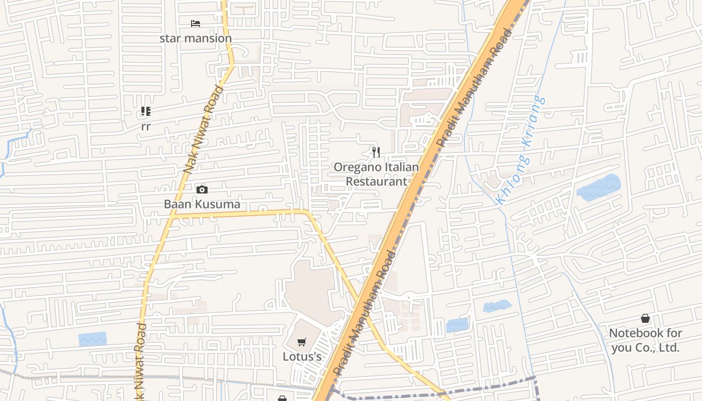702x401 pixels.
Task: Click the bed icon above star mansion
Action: [x=196, y=24]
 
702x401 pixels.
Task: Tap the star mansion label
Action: [x=196, y=38]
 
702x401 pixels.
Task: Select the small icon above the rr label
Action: [x=145, y=111]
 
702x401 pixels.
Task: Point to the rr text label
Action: [x=145, y=127]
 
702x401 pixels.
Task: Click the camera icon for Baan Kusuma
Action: [x=202, y=189]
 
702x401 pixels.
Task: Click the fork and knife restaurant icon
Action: [x=376, y=152]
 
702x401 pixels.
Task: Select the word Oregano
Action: [x=357, y=167]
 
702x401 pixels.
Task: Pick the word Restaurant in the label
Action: [x=377, y=181]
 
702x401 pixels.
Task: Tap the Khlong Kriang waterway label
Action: [x=520, y=150]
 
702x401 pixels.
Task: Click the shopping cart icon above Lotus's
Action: [x=301, y=342]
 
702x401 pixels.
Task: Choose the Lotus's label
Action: [x=302, y=357]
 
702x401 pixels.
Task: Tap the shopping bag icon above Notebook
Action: [x=645, y=318]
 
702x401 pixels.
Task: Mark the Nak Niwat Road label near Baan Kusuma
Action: [x=204, y=130]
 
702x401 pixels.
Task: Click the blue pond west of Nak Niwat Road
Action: [x=93, y=339]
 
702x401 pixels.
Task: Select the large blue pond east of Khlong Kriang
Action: [x=598, y=188]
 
